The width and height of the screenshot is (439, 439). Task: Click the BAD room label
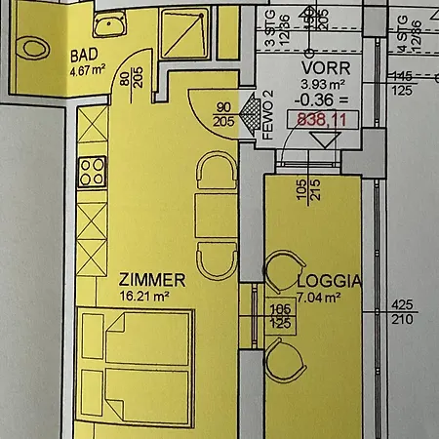point(83,55)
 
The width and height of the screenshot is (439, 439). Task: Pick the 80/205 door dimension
point(131,89)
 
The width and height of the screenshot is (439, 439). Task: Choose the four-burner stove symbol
point(92,172)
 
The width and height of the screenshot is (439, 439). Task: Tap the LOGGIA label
point(329,281)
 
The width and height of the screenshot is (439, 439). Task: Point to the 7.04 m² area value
point(318,298)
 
